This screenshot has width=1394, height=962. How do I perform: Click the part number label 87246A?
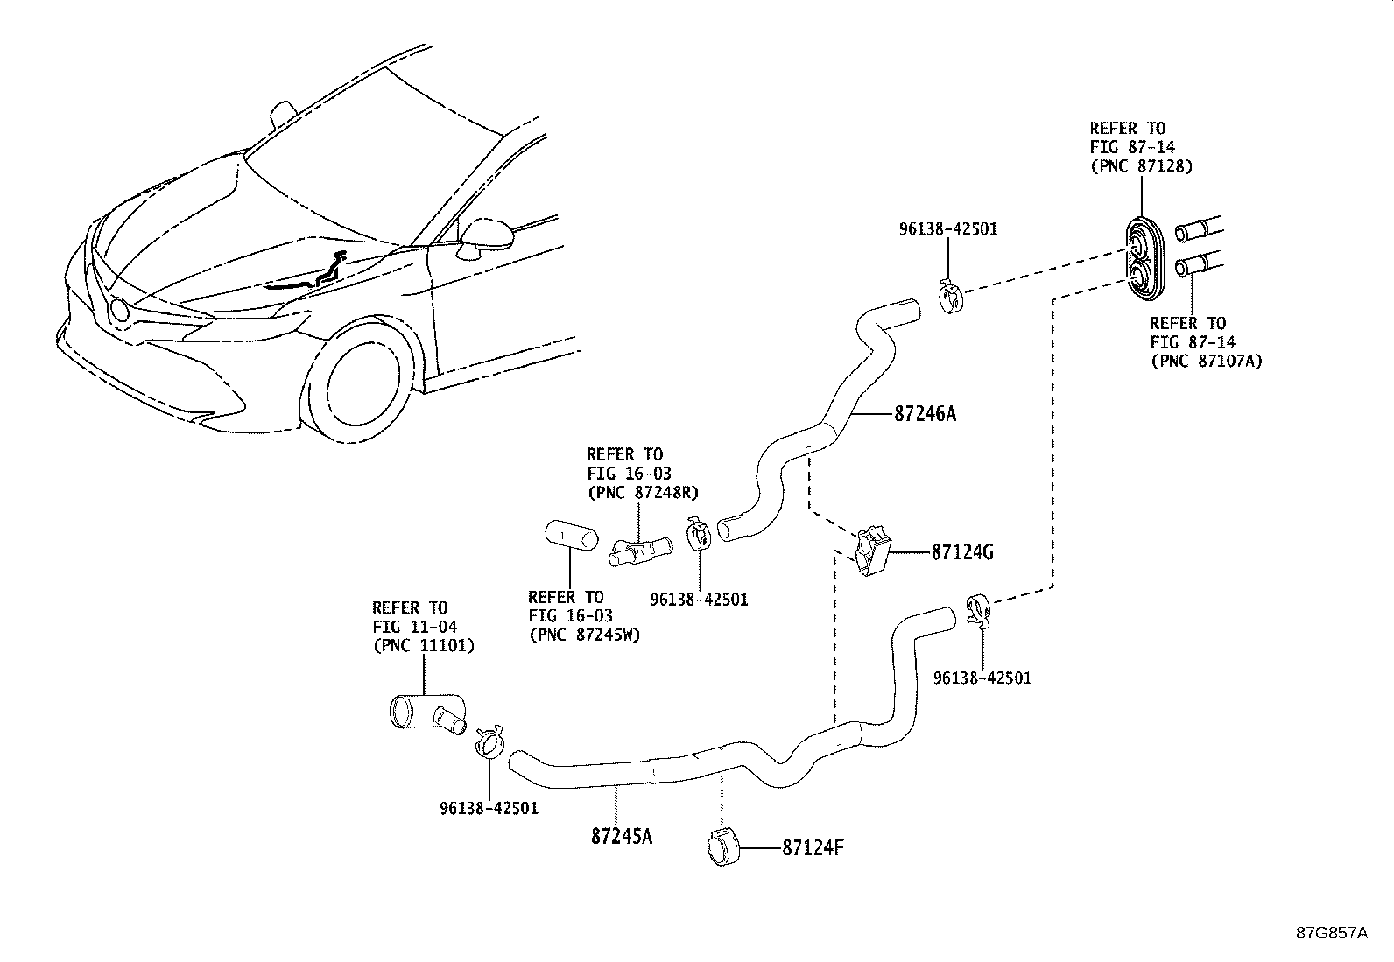(x=925, y=413)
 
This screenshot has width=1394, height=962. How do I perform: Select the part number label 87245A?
(x=622, y=836)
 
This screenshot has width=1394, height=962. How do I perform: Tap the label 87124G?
(x=962, y=552)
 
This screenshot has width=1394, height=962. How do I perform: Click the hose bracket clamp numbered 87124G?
(x=872, y=551)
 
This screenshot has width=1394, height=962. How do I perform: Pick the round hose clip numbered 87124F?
(x=722, y=847)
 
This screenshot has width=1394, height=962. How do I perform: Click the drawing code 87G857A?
(x=1331, y=932)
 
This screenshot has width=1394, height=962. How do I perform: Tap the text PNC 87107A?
(x=1207, y=361)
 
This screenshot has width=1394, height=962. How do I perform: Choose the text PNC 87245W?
(x=584, y=635)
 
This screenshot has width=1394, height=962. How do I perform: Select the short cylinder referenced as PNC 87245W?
(x=570, y=534)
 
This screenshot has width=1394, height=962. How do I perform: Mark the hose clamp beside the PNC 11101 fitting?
(x=489, y=741)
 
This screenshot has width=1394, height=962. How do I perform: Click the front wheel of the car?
(x=364, y=390)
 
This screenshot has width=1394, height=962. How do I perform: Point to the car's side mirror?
(x=478, y=237)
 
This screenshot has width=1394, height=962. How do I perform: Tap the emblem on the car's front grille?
(x=117, y=308)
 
